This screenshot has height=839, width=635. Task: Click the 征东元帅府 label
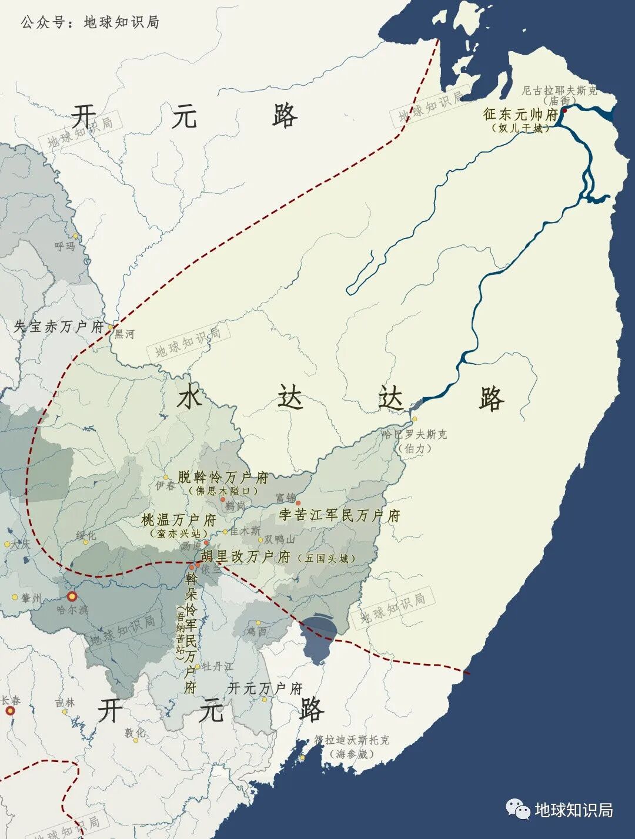click(520, 113)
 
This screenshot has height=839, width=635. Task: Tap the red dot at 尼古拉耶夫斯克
click(564, 110)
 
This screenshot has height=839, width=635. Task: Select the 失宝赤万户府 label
click(58, 327)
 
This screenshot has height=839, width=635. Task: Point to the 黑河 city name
click(124, 334)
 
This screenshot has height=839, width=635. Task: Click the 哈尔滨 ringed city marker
click(72, 596)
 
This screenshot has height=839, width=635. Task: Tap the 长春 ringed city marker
click(10, 711)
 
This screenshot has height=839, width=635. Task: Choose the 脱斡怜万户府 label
click(223, 477)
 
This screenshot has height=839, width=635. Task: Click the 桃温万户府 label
click(178, 520)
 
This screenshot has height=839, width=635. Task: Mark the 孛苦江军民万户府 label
click(339, 516)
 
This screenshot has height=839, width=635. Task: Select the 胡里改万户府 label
click(246, 556)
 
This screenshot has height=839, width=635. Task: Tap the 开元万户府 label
click(265, 688)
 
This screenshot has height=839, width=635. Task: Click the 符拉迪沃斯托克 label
click(352, 740)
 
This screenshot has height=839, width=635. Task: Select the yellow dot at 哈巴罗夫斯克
click(414, 419)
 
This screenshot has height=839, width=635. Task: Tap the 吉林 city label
click(65, 703)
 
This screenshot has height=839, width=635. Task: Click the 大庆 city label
click(20, 544)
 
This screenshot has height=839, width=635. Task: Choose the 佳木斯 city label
click(245, 531)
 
